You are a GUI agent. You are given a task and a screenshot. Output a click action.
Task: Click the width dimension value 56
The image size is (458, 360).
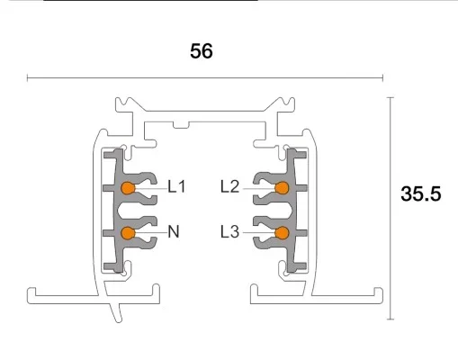(x=202, y=51)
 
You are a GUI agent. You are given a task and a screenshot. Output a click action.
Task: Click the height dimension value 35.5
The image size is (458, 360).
(x=421, y=193)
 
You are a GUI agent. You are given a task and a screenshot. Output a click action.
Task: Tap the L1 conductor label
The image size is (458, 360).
(x=176, y=187)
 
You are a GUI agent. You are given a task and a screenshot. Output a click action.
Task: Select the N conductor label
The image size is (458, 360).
(x=174, y=232)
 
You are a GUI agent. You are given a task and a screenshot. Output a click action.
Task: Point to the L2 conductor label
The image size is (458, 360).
(x=230, y=187)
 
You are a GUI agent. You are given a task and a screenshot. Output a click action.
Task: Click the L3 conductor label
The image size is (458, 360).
(x=230, y=232)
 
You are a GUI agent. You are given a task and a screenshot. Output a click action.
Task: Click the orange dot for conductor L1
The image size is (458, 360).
(x=128, y=187)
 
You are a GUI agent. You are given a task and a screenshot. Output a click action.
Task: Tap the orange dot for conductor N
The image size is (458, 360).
(x=128, y=233)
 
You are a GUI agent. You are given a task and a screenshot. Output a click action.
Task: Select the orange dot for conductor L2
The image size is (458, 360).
(x=282, y=187)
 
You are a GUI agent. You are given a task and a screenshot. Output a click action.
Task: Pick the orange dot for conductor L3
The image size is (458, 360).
(x=282, y=233)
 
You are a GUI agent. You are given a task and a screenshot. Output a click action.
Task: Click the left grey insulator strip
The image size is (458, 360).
(x=112, y=211)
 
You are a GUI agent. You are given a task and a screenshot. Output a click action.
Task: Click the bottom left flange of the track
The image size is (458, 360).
(x=63, y=294)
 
